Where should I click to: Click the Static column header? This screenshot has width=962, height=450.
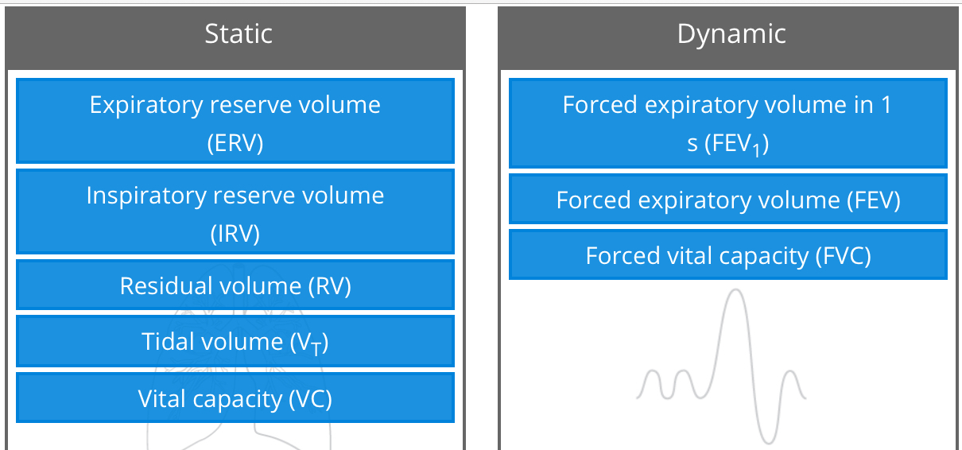238,34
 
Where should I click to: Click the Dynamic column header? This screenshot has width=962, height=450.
731,34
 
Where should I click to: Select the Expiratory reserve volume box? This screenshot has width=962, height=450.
235,121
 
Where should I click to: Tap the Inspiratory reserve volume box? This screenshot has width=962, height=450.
235,211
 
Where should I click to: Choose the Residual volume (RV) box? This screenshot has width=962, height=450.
235,285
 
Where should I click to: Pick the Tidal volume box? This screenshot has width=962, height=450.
235,342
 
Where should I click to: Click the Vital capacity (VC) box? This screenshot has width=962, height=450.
235,398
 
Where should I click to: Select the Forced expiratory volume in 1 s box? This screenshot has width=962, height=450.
727,122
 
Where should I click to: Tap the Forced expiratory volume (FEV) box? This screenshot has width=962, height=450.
727,200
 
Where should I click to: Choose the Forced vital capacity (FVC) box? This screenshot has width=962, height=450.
727,255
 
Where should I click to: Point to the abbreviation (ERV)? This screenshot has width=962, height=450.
235,143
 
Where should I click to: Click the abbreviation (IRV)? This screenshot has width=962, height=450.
235,234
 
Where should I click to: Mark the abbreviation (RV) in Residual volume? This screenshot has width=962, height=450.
329,286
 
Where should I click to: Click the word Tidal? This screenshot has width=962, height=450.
167,342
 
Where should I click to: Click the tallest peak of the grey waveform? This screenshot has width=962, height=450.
736,291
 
